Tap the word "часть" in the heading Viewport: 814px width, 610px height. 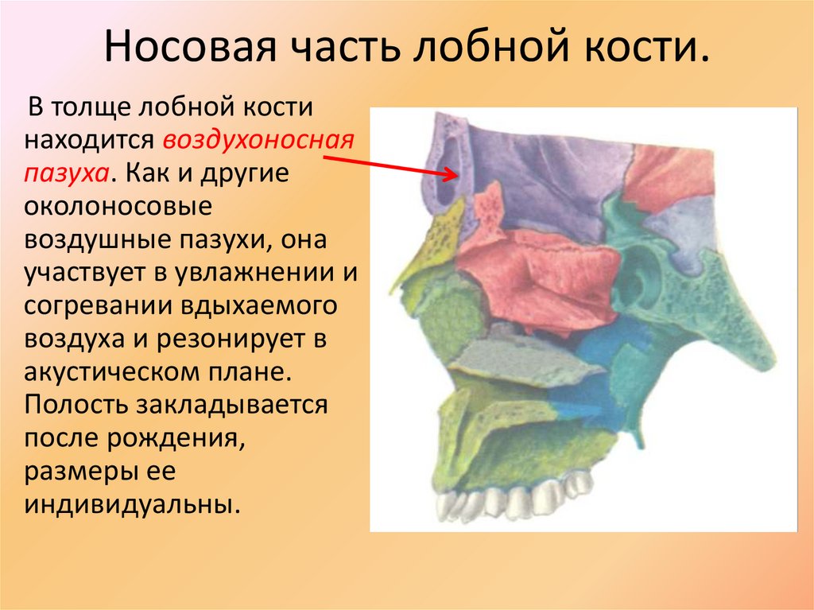point(346,49)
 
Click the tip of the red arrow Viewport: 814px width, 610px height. point(459,173)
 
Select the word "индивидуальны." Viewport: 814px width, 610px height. point(132,505)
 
